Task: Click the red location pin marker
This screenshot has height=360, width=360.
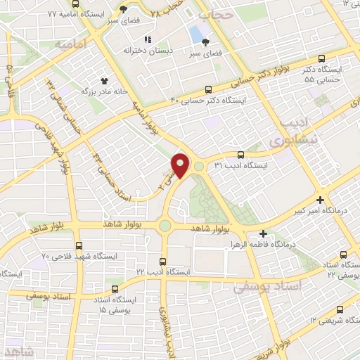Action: (x=181, y=165)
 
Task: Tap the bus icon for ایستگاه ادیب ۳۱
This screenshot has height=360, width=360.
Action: (x=241, y=154)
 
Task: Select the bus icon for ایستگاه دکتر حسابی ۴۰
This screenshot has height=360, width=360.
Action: (x=207, y=89)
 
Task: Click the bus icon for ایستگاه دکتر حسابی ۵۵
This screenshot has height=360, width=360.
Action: (x=321, y=59)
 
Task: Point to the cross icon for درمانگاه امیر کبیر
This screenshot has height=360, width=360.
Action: (x=320, y=200)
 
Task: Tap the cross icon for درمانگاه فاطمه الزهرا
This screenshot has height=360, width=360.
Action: (x=264, y=233)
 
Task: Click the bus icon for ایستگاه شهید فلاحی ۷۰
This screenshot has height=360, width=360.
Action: (x=77, y=245)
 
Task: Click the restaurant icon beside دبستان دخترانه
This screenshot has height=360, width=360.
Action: (x=147, y=39)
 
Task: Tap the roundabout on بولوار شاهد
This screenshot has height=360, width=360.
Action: (x=165, y=226)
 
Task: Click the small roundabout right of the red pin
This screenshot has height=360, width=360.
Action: (x=199, y=167)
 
